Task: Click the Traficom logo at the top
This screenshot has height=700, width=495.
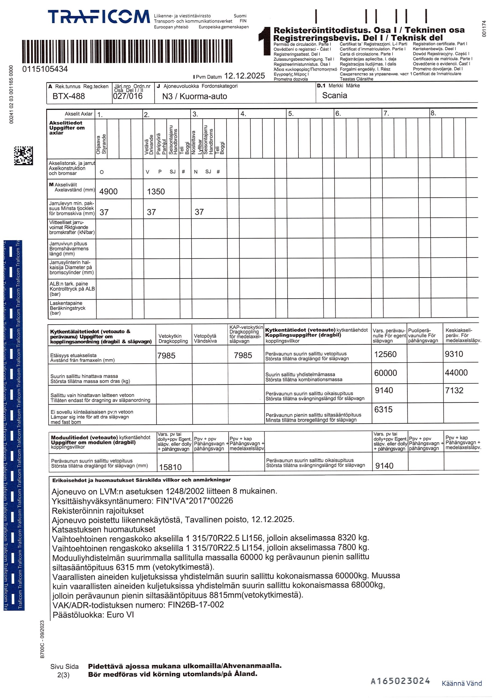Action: pos(98,17)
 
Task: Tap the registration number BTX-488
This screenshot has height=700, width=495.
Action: pos(69,96)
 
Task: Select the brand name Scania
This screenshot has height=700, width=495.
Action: pos(334,95)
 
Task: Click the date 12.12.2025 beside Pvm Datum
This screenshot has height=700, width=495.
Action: pos(244,76)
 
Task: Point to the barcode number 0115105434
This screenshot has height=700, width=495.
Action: pos(45,69)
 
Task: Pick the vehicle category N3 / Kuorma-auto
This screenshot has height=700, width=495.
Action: pos(195,96)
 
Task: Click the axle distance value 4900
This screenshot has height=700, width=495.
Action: pos(108,191)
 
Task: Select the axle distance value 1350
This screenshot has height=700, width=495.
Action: pos(156,191)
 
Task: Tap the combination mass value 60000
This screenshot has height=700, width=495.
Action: pos(386,373)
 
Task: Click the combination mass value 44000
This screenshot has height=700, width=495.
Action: pos(456,373)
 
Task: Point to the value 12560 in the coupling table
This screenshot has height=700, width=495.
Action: pos(386,354)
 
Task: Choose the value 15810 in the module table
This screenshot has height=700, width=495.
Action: pos(170,467)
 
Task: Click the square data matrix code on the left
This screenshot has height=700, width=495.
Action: pos(24,156)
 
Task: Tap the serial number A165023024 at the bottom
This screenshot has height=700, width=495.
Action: pos(400,681)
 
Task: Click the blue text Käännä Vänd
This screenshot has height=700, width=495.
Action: pos(461,684)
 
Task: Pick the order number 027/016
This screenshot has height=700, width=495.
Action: pos(128,96)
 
